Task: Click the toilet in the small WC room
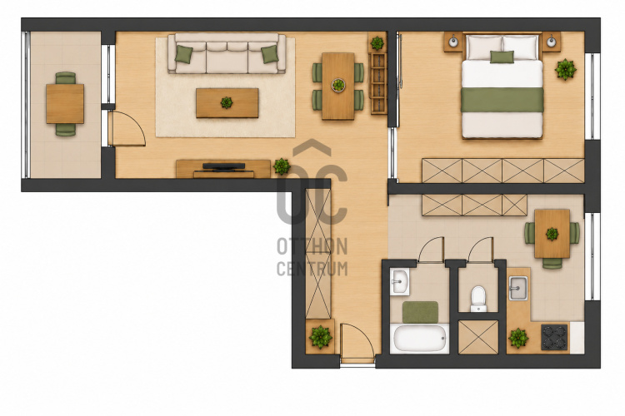point(478,298)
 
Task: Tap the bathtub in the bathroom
point(420,338)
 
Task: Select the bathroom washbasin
point(399,282)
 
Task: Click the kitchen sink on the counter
point(518,288)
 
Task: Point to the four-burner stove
point(554,337)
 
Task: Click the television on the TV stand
point(223,167)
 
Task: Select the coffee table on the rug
point(227,103)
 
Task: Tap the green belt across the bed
point(502,100)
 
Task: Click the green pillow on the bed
point(502,57)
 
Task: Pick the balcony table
point(65,103)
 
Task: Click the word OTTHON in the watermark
point(312,247)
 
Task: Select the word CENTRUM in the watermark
point(312,269)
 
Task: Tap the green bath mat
point(420,312)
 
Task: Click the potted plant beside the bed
point(565,69)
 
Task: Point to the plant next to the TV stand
point(282,166)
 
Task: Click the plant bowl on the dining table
point(338,85)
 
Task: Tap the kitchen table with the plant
point(552,234)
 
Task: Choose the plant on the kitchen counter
point(518,338)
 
